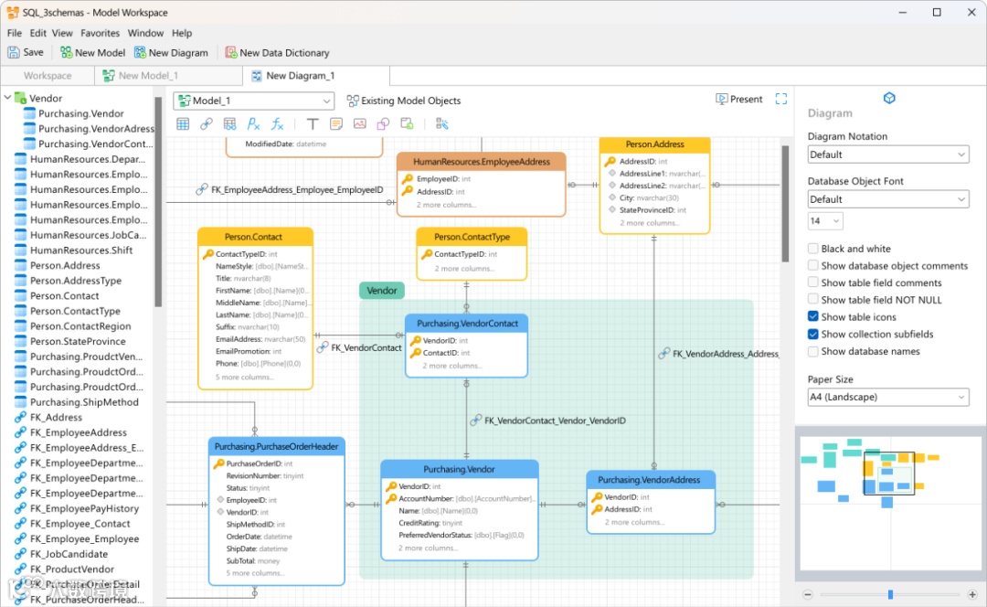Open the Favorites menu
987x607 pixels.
click(100, 33)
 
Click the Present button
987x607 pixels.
click(739, 100)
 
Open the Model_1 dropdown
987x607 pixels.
click(253, 101)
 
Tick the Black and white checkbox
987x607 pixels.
click(813, 249)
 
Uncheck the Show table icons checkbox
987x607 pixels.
click(813, 317)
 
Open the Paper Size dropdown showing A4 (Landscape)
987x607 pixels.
click(887, 397)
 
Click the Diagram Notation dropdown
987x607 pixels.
click(887, 154)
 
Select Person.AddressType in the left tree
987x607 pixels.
click(75, 281)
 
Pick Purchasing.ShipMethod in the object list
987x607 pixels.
click(84, 402)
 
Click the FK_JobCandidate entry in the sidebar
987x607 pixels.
click(69, 554)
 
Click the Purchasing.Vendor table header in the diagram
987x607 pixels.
click(459, 470)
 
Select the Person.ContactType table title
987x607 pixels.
click(472, 237)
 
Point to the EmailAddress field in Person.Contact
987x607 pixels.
click(239, 339)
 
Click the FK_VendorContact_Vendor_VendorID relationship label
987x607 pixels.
click(554, 421)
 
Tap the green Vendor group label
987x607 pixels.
click(382, 291)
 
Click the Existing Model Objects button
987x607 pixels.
click(403, 101)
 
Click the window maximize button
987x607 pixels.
click(937, 13)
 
